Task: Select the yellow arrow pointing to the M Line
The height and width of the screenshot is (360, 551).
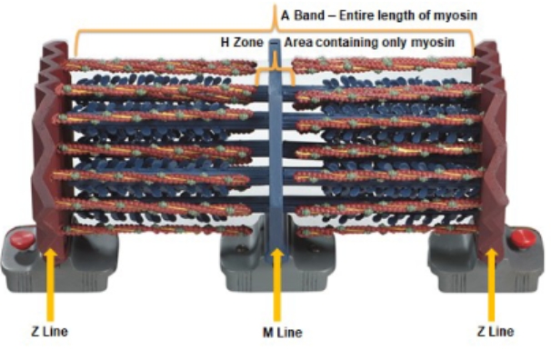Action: (276, 281)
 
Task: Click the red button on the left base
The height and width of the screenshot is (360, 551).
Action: (21, 239)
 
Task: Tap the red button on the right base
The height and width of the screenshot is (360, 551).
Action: (522, 239)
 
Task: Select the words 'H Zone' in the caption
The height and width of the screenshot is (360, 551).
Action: (241, 42)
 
